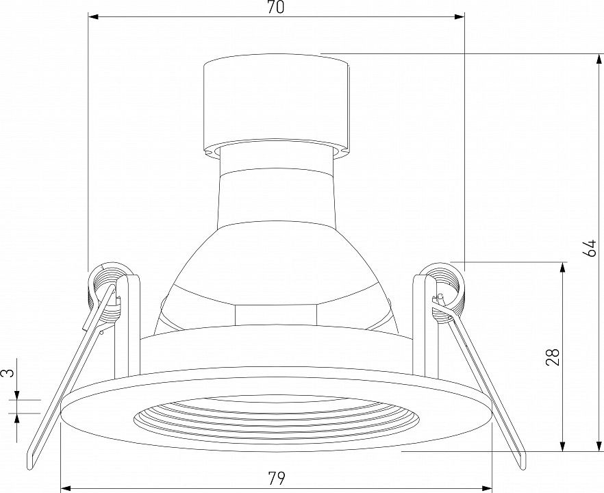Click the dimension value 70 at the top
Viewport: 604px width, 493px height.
(276, 8)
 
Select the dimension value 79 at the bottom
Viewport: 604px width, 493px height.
(277, 479)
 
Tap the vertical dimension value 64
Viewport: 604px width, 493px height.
(590, 248)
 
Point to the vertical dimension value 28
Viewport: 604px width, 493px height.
(553, 357)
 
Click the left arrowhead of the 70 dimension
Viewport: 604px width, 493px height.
(94, 17)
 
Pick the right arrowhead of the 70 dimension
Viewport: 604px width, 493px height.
(459, 17)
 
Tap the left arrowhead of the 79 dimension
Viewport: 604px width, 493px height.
(67, 487)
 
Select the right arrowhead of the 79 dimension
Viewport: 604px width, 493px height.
(487, 487)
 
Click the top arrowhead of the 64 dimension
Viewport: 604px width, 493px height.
(599, 60)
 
